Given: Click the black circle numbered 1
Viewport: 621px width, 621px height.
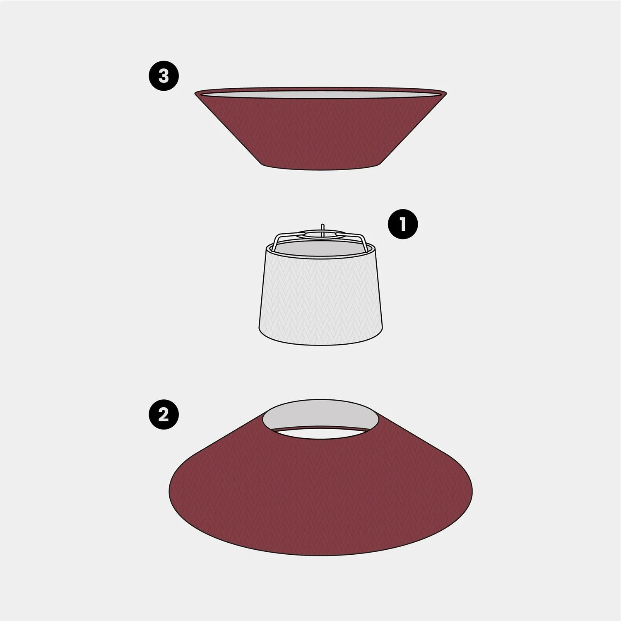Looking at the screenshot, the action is coord(402,225).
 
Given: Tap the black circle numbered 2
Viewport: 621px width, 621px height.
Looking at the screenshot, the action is coord(164,414).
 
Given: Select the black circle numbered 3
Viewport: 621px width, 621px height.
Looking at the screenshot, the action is coord(164,76).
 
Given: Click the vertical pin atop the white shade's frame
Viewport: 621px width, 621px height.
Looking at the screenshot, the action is coord(323,229).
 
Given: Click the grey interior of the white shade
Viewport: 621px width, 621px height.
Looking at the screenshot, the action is coord(321,249).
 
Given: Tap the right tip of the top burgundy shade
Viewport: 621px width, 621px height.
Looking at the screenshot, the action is coord(446,92).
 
